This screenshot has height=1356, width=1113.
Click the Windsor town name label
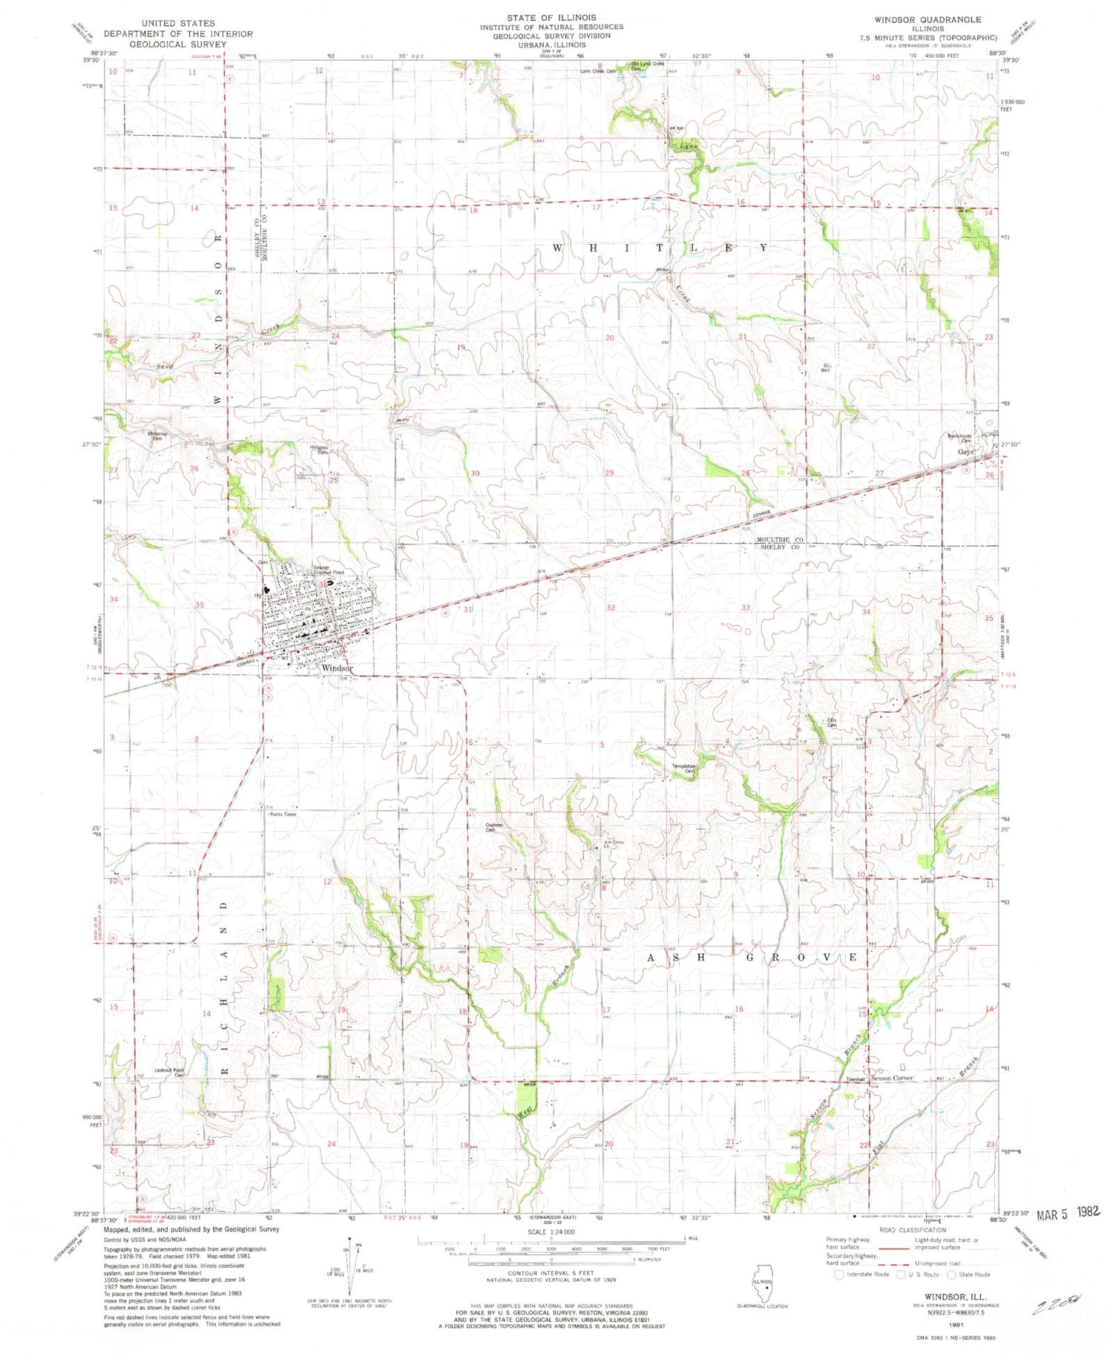[336, 668]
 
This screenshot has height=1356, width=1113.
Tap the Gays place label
[965, 452]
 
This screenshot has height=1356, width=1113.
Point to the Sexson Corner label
[892, 1079]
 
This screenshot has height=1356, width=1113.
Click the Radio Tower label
[283, 814]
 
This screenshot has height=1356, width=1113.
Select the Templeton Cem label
[683, 768]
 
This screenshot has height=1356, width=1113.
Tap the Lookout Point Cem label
[169, 1072]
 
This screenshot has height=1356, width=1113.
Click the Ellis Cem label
[832, 723]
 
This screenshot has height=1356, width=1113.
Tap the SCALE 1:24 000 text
[552, 1231]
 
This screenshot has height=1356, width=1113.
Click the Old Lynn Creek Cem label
[647, 65]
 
